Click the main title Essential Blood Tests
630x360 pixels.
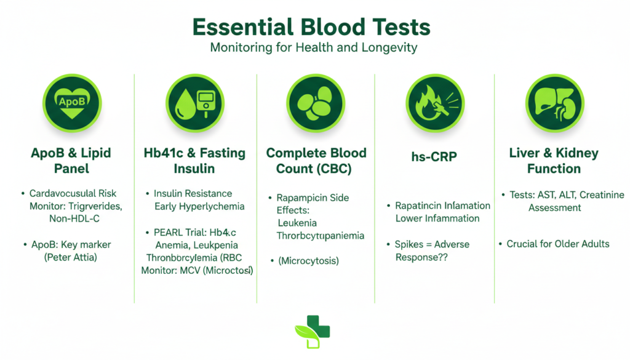[311, 28]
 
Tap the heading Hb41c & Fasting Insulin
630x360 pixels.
[195, 161]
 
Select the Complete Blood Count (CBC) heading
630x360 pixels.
[316, 161]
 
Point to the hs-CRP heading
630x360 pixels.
[434, 157]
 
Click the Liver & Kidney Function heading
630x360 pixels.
[554, 161]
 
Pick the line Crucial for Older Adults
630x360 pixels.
[558, 244]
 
